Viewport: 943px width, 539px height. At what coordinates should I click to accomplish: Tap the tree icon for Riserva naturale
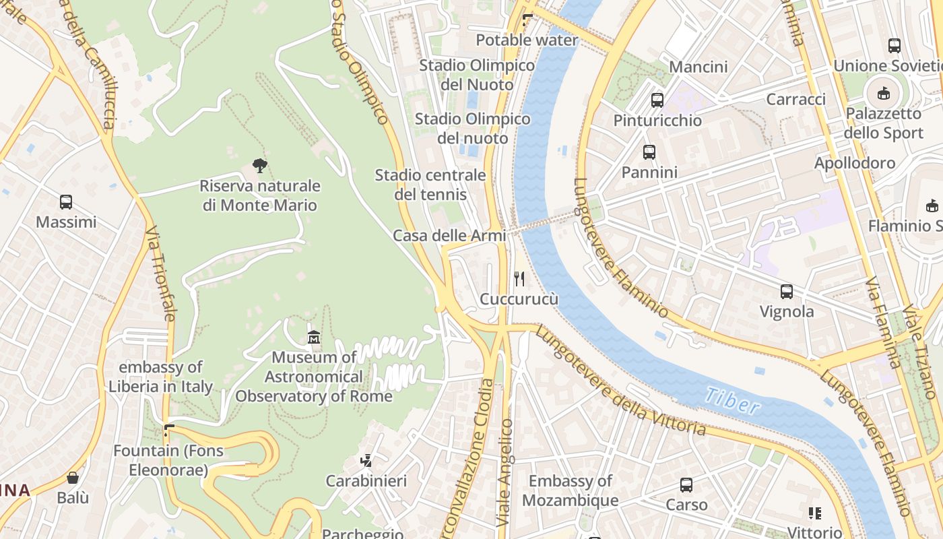(x=260, y=165)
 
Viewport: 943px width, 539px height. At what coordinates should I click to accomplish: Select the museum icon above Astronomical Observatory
(x=314, y=337)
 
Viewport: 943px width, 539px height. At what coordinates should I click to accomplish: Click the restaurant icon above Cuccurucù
(x=519, y=278)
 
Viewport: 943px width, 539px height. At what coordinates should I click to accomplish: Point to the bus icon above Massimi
(x=66, y=201)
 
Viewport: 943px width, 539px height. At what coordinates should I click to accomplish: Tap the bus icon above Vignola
(x=787, y=292)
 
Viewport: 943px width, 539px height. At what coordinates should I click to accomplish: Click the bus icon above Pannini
(x=649, y=152)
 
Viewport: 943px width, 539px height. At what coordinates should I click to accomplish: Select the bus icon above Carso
(x=686, y=485)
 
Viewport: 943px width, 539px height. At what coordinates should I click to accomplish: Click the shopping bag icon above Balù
(x=73, y=478)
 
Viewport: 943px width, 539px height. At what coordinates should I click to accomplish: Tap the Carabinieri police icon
(x=366, y=461)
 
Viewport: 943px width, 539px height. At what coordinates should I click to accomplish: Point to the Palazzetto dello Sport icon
(x=884, y=93)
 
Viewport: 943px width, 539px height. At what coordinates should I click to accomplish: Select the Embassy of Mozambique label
(x=570, y=490)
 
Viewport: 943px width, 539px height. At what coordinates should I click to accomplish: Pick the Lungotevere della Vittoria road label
(x=620, y=381)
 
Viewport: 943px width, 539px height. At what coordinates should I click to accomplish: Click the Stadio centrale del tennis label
(x=430, y=185)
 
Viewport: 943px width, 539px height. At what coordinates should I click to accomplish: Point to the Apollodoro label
(x=855, y=163)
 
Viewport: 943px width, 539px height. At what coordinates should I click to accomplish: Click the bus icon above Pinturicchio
(x=657, y=100)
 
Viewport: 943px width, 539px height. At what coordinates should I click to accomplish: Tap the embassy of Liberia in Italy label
(x=161, y=377)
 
